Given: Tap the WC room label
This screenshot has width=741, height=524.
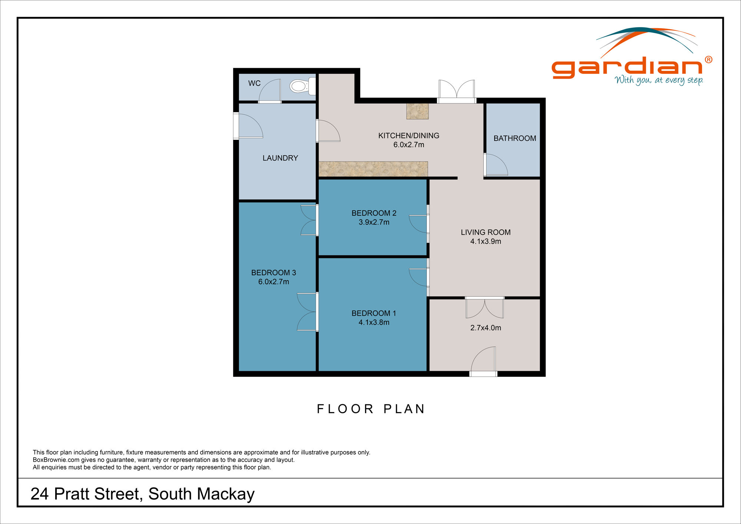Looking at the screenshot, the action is [255, 83].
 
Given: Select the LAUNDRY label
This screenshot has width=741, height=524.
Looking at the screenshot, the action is [280, 158].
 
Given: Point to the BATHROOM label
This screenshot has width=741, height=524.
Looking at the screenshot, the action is [515, 138].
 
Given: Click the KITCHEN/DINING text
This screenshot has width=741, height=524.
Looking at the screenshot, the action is [409, 136].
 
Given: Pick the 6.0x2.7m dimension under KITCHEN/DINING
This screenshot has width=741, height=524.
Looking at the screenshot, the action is [409, 145].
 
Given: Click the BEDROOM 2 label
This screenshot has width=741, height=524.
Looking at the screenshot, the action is [374, 213].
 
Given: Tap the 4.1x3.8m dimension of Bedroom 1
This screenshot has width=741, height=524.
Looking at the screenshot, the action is [374, 322].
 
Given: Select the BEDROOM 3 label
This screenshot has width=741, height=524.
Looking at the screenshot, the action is [273, 273].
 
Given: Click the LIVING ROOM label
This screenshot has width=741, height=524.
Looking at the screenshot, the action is [485, 232].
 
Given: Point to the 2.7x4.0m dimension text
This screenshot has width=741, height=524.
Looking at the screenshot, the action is [485, 328].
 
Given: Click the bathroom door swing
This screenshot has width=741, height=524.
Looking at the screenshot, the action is [496, 165].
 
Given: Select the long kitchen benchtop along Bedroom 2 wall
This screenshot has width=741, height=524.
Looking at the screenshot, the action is [373, 169].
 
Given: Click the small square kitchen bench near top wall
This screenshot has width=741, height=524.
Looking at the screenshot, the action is [417, 111].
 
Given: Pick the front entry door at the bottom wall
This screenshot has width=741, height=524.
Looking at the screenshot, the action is [483, 362].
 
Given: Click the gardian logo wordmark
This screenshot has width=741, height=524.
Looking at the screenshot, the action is [627, 67].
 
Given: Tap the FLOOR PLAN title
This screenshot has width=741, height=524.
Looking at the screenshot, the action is [371, 409].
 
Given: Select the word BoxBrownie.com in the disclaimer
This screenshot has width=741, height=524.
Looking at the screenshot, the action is [56, 460].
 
